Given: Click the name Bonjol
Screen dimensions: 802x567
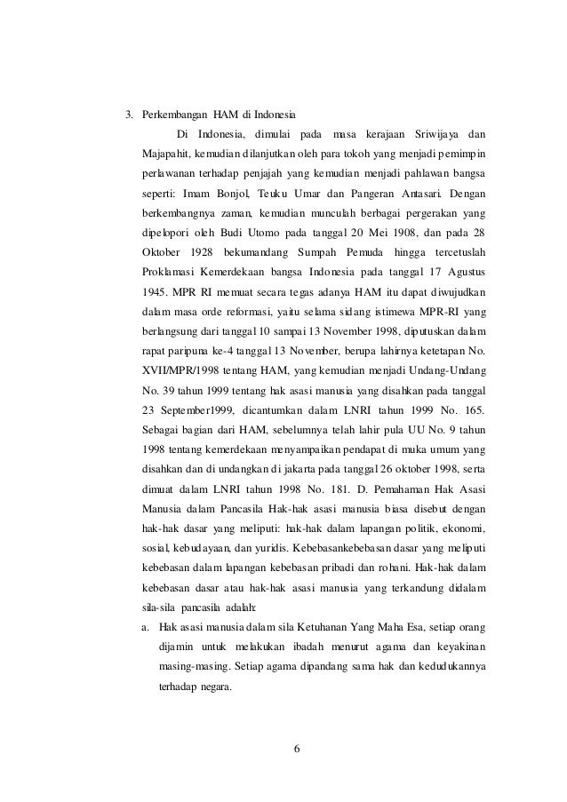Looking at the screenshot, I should click(x=230, y=193).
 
